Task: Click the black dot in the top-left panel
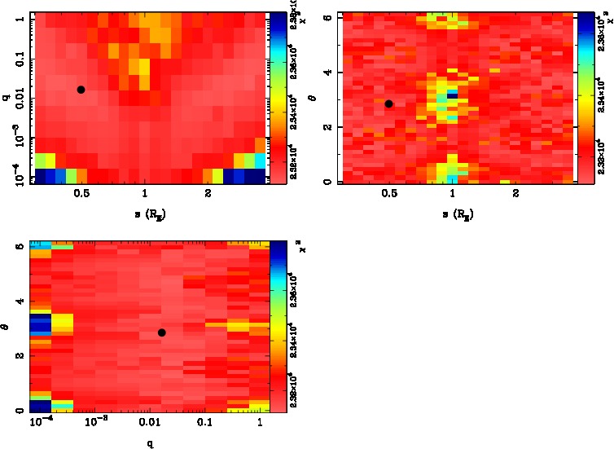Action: click(x=81, y=90)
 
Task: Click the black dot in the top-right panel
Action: click(x=389, y=103)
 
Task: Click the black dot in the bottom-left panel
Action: click(x=162, y=332)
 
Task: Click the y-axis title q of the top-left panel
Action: click(x=6, y=98)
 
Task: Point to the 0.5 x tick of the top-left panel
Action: click(x=81, y=194)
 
